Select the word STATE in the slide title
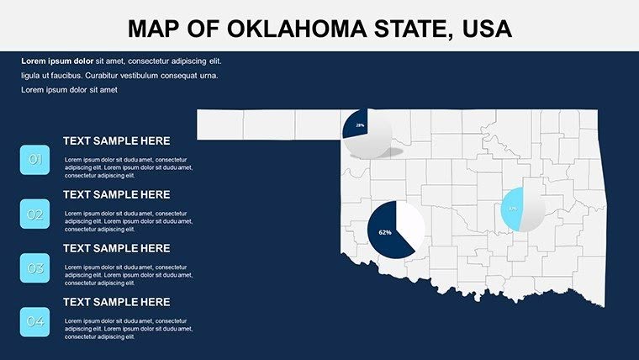(x=403, y=29)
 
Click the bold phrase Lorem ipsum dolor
(x=57, y=61)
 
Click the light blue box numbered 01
(x=35, y=160)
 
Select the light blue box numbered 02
(x=35, y=214)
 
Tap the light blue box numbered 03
(x=35, y=268)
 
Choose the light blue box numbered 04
(x=35, y=322)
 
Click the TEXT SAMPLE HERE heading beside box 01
(x=116, y=141)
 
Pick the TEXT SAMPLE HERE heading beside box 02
(x=116, y=194)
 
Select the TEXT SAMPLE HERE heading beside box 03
(x=116, y=248)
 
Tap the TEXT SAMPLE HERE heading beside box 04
(x=116, y=302)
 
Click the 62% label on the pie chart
(x=385, y=232)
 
